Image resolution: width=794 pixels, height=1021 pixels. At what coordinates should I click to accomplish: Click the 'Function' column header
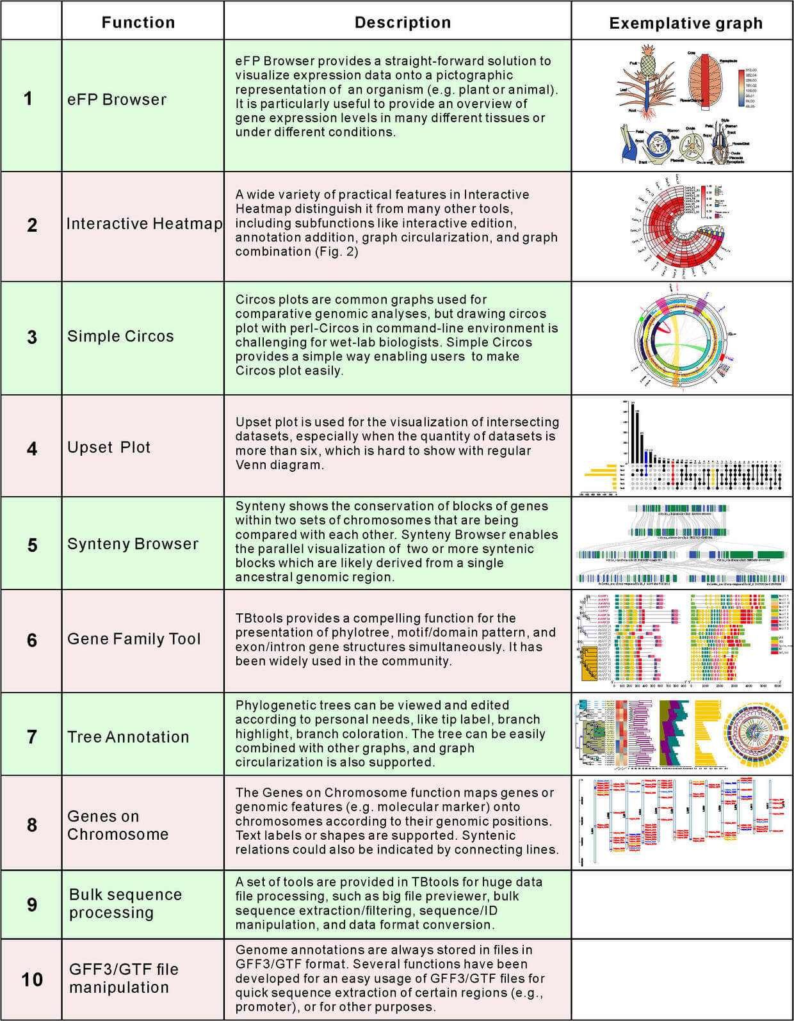tap(138, 22)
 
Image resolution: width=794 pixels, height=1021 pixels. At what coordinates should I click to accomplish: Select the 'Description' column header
tap(403, 22)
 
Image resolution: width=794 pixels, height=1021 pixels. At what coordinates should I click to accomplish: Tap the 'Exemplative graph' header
tap(686, 24)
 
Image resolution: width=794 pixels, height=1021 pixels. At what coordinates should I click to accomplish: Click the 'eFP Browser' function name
tap(117, 100)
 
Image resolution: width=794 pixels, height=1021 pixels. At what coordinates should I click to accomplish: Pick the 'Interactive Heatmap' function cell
tap(144, 224)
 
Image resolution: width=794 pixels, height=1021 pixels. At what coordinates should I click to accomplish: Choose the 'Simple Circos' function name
tap(120, 336)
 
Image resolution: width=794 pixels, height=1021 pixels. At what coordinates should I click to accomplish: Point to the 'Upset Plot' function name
tap(109, 447)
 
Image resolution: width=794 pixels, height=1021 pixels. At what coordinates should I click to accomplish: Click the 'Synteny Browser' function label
tap(133, 544)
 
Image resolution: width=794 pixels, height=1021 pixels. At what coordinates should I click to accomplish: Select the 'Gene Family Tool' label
tap(134, 639)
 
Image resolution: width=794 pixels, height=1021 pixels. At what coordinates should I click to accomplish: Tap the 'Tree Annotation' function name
tap(128, 737)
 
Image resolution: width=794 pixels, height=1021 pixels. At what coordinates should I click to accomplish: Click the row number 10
tap(32, 979)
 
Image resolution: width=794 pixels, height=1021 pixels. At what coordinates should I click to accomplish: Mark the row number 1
tap(28, 99)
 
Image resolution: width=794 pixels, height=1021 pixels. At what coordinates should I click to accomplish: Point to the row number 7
tap(32, 737)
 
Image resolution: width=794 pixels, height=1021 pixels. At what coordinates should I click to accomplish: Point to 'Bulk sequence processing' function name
tap(126, 903)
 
